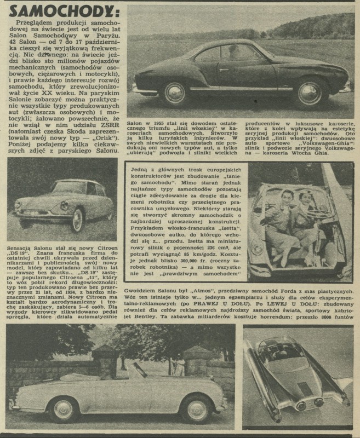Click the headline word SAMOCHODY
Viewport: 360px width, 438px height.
click(x=63, y=10)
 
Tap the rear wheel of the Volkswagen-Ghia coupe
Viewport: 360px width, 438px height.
click(x=174, y=93)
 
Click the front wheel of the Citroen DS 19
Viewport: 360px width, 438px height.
click(x=77, y=219)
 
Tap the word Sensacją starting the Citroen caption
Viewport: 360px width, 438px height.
click(x=24, y=248)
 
